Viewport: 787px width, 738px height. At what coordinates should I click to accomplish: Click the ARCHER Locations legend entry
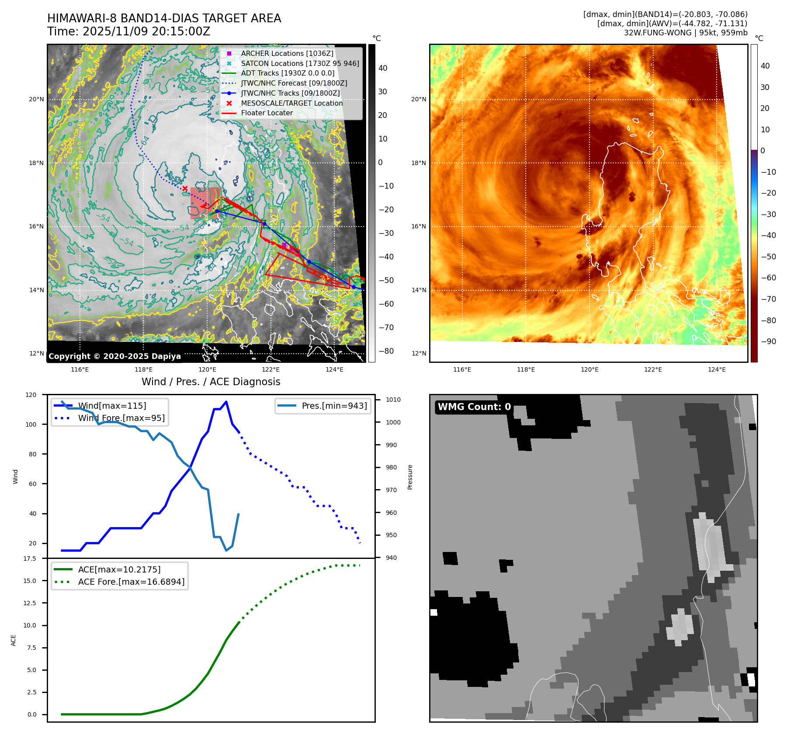click(x=287, y=53)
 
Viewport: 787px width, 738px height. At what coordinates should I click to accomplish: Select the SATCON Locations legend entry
click(x=300, y=63)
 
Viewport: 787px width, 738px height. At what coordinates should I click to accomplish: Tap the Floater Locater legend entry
click(x=267, y=113)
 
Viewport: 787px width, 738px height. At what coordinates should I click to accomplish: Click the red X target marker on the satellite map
click(x=185, y=189)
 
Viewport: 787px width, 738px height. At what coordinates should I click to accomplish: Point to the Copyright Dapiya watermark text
click(x=114, y=356)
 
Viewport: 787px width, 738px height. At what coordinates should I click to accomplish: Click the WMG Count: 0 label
click(x=474, y=407)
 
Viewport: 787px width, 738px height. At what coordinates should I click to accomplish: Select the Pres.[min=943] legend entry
click(x=334, y=406)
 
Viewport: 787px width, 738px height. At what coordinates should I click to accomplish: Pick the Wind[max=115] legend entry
click(x=112, y=406)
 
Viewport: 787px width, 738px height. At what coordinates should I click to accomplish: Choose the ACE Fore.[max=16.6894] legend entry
click(x=131, y=582)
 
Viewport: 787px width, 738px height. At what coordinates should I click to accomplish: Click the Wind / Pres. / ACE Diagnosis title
click(x=211, y=382)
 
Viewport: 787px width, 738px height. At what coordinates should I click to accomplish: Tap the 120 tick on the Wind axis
click(x=31, y=395)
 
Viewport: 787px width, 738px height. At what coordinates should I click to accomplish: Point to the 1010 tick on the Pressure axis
click(x=393, y=400)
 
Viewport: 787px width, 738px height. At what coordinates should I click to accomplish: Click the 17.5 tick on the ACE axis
click(x=30, y=559)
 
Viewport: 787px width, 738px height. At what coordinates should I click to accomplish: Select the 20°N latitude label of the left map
click(x=36, y=100)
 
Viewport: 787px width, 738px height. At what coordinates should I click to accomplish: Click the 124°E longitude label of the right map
click(x=717, y=369)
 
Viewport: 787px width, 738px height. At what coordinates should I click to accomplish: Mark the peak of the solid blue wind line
click(x=226, y=402)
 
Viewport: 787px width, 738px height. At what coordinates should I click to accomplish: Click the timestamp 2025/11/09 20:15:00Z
click(x=146, y=31)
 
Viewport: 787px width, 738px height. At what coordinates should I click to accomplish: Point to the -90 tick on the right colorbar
click(x=768, y=341)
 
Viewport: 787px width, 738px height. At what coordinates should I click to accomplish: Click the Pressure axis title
click(x=410, y=477)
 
